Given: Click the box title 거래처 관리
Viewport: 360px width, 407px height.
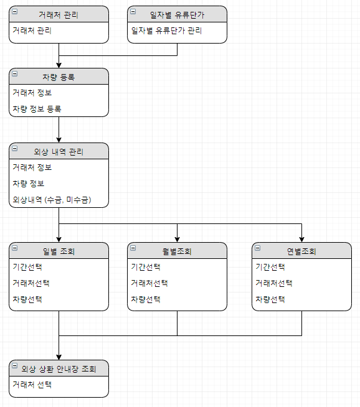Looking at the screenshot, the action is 59,15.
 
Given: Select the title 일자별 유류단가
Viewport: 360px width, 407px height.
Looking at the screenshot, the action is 177,15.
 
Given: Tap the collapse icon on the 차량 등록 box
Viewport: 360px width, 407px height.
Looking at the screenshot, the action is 15,73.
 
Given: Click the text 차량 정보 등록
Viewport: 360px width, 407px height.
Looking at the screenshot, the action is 37,109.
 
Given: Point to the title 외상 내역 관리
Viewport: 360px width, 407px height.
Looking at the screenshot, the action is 59,152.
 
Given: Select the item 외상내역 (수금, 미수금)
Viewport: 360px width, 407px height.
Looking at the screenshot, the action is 52,200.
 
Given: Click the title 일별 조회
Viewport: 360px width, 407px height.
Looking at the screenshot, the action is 59,251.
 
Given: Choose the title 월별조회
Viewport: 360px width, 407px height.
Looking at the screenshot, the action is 177,251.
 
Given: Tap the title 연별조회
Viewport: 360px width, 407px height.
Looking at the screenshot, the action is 301,251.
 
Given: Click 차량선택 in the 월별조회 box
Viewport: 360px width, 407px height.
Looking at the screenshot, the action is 146,299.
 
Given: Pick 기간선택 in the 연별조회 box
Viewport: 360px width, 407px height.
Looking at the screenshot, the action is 270,267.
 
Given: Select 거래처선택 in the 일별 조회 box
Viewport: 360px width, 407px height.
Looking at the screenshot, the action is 31,283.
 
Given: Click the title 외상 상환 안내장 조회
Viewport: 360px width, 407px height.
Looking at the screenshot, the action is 59,369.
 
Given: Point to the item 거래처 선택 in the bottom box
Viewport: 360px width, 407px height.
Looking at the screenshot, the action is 32,385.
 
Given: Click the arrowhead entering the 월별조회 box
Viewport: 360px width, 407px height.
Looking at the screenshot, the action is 177,240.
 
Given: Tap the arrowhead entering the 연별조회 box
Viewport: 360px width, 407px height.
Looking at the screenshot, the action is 302,240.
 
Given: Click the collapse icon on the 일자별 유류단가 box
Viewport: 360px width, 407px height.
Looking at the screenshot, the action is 133,11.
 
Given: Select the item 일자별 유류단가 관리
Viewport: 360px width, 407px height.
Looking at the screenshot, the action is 166,30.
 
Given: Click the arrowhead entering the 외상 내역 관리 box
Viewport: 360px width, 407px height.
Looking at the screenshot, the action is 59,140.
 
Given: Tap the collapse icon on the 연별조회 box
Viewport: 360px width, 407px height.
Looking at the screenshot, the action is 257,248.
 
